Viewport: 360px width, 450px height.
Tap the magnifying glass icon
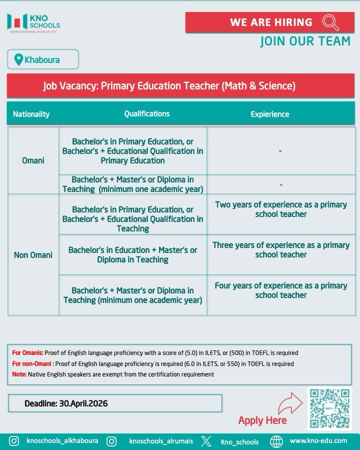[330, 22]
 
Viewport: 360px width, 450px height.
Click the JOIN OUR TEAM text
[305, 41]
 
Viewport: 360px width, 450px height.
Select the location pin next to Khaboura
[18, 60]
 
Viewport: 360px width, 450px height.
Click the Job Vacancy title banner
[169, 86]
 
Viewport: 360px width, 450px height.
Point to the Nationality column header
[31, 114]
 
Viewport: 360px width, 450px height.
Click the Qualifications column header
[147, 114]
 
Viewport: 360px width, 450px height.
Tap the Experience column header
[270, 114]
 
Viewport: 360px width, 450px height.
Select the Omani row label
[33, 160]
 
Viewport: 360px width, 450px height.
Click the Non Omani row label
[33, 255]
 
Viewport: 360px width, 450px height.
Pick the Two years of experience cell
[281, 209]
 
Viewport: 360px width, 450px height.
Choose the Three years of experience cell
[281, 250]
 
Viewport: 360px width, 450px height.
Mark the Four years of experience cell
[281, 290]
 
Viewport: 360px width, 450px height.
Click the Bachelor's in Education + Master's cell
[133, 255]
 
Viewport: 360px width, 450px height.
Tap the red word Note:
[19, 374]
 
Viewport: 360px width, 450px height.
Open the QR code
[329, 408]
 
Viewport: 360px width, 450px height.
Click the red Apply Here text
[262, 420]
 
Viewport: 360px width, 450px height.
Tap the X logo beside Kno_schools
[206, 441]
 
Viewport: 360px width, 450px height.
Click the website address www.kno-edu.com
[318, 441]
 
